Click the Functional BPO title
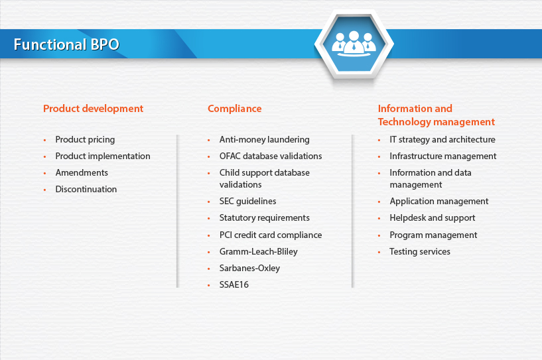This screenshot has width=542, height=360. (x=66, y=44)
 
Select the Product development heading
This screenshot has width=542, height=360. (x=93, y=109)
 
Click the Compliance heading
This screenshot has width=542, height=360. (x=235, y=109)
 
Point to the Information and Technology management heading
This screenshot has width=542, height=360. (x=437, y=115)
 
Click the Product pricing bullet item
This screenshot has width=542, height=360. (x=85, y=140)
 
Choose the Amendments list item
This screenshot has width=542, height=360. (x=82, y=172)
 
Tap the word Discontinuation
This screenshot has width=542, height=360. (x=86, y=189)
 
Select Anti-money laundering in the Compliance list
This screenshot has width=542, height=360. (x=265, y=140)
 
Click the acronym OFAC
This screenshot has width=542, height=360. (x=230, y=156)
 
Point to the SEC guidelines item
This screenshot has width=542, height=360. (x=248, y=201)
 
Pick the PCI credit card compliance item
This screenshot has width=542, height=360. (x=271, y=235)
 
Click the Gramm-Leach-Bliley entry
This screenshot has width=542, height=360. (x=259, y=251)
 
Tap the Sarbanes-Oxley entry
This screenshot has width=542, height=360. (x=249, y=268)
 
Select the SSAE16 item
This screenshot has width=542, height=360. (x=234, y=284)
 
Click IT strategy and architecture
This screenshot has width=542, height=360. (x=442, y=140)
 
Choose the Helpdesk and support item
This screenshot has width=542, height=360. (x=433, y=218)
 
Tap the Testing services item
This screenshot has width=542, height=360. (x=420, y=251)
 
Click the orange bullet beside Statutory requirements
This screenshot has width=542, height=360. (x=209, y=218)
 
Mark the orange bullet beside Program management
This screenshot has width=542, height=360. (x=379, y=235)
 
